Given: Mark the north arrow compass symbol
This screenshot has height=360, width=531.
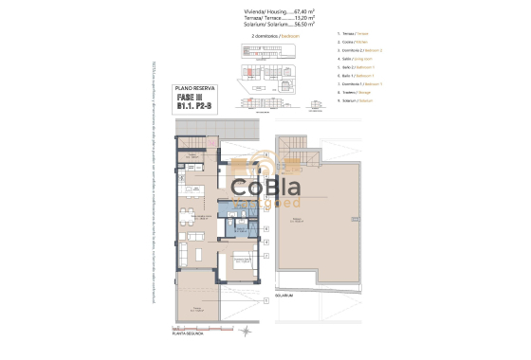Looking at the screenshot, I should coord(245,332).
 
